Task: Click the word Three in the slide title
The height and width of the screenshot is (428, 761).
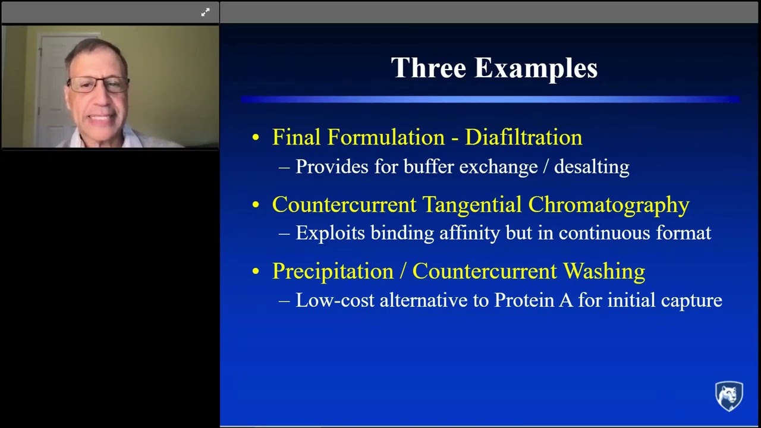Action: (x=429, y=68)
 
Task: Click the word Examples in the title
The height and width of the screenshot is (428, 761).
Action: (x=536, y=69)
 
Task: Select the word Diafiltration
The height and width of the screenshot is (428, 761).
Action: (x=523, y=137)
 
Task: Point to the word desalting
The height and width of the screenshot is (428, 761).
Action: (x=591, y=167)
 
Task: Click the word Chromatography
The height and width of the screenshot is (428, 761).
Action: (x=608, y=204)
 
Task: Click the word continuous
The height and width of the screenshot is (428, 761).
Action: (x=604, y=233)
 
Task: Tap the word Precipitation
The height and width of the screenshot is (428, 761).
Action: (x=332, y=271)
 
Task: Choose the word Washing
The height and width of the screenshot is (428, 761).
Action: (x=604, y=271)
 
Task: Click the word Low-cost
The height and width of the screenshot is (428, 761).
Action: (x=335, y=300)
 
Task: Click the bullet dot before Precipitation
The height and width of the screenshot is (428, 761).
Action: (x=256, y=272)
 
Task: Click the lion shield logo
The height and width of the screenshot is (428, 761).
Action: (x=728, y=396)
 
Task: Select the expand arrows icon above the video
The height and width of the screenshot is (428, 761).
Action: (x=205, y=12)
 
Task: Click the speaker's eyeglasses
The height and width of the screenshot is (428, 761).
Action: (x=98, y=84)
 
